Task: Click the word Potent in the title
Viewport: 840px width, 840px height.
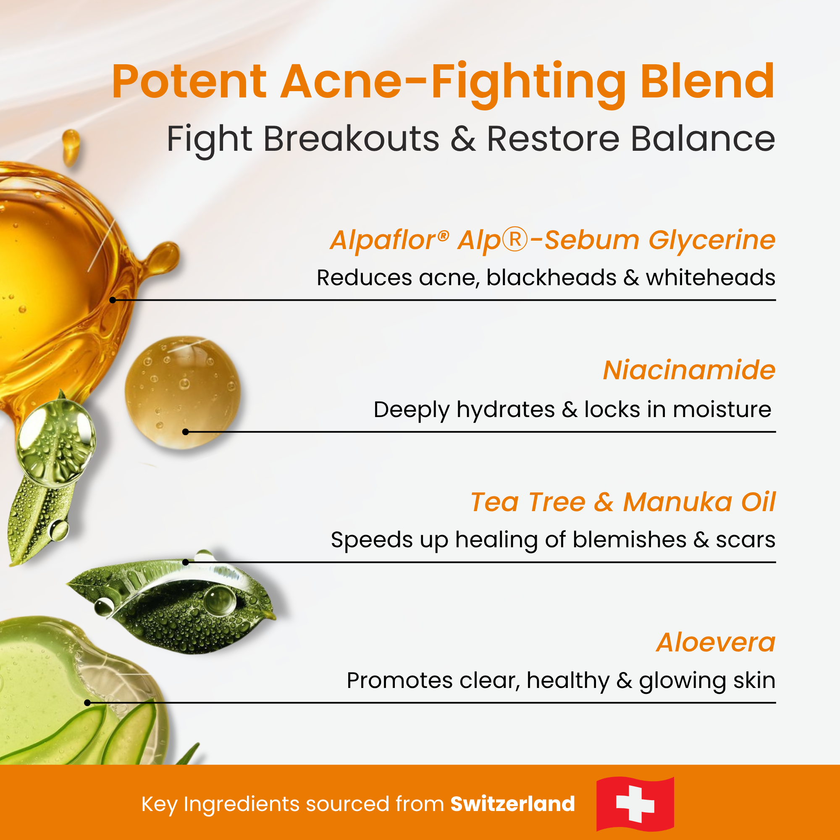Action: coord(189,83)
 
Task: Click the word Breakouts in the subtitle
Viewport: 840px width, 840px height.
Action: coord(351,139)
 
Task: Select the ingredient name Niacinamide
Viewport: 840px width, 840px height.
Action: coord(689,370)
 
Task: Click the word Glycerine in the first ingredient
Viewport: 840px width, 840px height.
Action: coord(712,240)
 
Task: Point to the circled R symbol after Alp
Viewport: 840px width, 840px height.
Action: coord(515,239)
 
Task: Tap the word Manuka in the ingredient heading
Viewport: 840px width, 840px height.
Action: coord(677,502)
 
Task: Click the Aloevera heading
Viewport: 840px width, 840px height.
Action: coord(716,643)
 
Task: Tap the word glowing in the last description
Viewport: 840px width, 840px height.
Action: coord(682,681)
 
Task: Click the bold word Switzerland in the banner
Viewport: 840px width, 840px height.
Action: coord(512,804)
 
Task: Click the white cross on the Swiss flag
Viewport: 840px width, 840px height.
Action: coord(635,804)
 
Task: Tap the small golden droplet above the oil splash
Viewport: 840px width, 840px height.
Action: coord(71,146)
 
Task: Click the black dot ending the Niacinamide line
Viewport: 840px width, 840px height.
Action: coord(186,432)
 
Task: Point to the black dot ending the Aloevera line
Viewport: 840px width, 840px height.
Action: coord(87,703)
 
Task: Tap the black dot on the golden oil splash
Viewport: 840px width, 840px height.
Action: coord(113,300)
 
